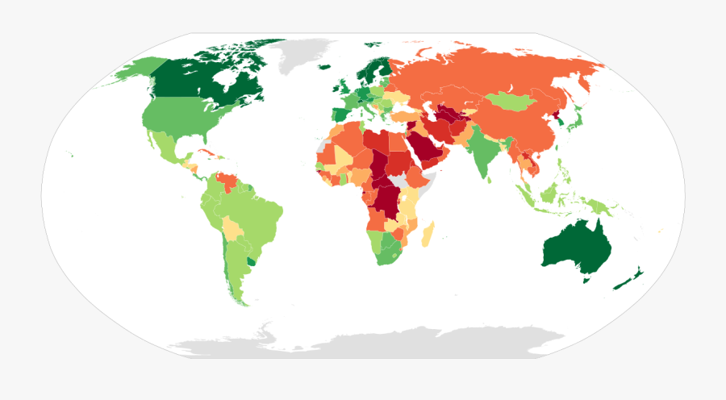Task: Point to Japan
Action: (x=574, y=121)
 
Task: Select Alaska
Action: (x=129, y=72)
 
